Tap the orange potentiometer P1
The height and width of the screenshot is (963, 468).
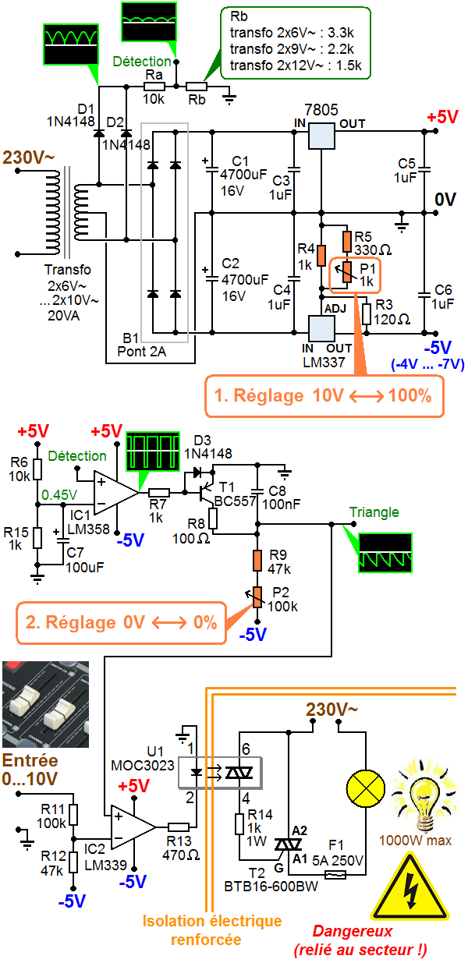point(347,271)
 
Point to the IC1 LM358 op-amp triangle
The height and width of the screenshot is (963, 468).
point(115,491)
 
